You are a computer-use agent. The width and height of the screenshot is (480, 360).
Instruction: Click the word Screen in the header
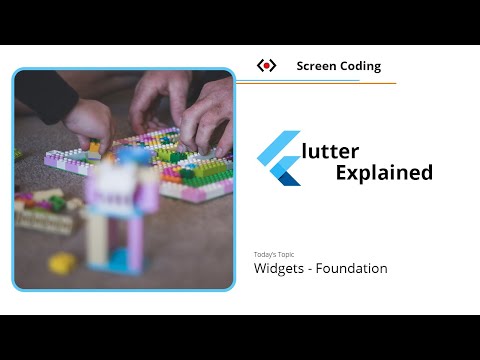click(315, 66)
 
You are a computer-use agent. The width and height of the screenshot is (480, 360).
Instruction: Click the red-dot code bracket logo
click(266, 66)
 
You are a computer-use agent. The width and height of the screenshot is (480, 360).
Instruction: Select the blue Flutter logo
click(279, 158)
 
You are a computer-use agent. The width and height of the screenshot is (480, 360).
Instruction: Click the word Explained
click(384, 172)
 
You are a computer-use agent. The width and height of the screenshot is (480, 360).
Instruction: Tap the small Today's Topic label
click(274, 254)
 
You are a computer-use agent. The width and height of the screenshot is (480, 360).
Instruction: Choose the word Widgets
click(279, 268)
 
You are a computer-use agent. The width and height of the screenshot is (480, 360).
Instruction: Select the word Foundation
click(351, 268)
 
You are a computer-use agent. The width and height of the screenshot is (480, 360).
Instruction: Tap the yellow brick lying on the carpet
click(62, 262)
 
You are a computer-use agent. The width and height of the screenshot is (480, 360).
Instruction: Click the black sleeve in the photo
click(44, 96)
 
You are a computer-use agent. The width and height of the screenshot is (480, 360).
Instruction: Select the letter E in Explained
click(314, 172)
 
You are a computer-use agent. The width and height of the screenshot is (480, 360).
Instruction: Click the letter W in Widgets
click(260, 268)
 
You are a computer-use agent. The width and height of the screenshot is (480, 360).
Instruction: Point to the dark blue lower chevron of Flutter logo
click(288, 177)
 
